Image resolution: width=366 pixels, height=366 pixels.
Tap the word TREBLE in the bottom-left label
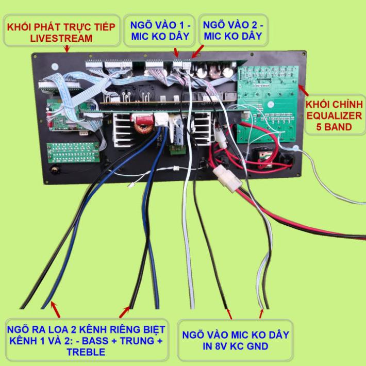(86, 352)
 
